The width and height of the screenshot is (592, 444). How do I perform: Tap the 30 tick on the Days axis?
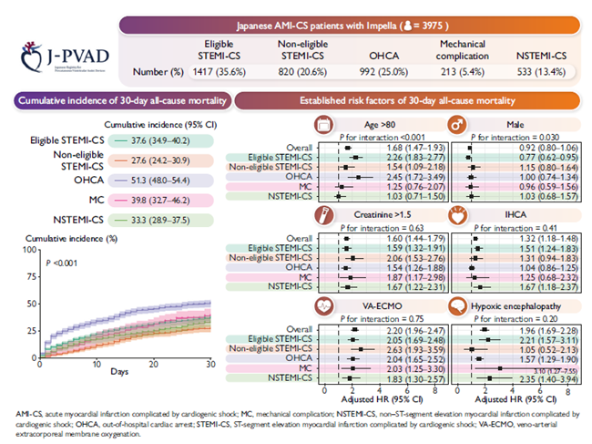point(211,366)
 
